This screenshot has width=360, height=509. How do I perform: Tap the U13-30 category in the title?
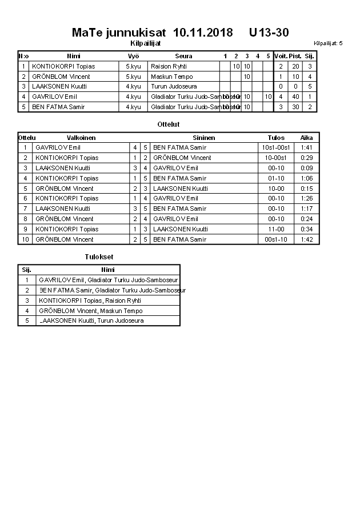pos(269,33)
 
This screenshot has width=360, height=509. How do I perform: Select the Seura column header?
pos(183,56)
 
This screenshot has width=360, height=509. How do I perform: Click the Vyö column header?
pos(133,56)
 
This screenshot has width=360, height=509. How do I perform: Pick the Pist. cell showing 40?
pos(295,97)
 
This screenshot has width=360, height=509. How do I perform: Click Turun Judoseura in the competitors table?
pos(174,87)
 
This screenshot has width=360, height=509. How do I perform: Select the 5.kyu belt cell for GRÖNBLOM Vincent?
pos(133,77)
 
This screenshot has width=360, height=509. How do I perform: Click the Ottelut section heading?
pos(168,124)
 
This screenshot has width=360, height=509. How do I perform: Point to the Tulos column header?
pos(276,138)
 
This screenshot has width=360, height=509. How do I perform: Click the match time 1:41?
pos(306,147)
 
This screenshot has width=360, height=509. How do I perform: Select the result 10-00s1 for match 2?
pos(276,158)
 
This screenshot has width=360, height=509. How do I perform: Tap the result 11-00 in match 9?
pos(276,229)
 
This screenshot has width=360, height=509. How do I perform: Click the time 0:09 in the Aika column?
pos(306,168)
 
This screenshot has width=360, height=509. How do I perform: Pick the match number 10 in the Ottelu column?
pos(25,239)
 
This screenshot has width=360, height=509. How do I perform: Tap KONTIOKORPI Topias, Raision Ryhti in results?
pos(90,300)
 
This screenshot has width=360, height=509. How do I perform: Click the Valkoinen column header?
pos(81,138)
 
